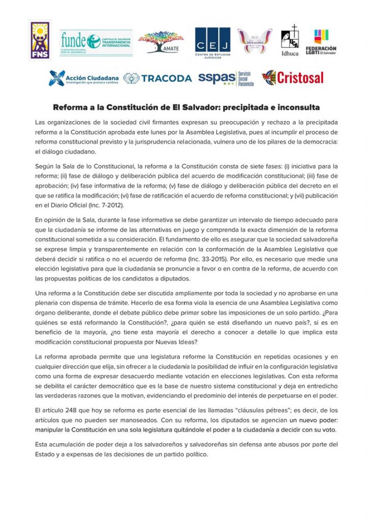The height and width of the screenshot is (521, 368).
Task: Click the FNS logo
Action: coord(40,41)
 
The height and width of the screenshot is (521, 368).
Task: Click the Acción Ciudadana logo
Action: coord(83,78)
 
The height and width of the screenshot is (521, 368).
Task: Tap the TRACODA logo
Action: coord(158,78)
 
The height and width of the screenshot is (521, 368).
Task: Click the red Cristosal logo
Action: coord(293,78)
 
